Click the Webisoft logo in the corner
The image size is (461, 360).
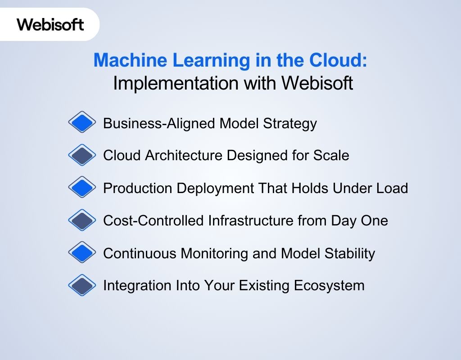pos(50,24)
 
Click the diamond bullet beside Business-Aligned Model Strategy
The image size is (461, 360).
pos(82,122)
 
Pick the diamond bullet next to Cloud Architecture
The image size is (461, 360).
pos(82,155)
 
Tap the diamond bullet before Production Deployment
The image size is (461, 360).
pos(82,188)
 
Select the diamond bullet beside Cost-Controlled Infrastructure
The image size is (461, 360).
pos(82,220)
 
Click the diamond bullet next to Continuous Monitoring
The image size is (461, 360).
pos(82,253)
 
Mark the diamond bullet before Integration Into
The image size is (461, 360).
pos(82,285)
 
